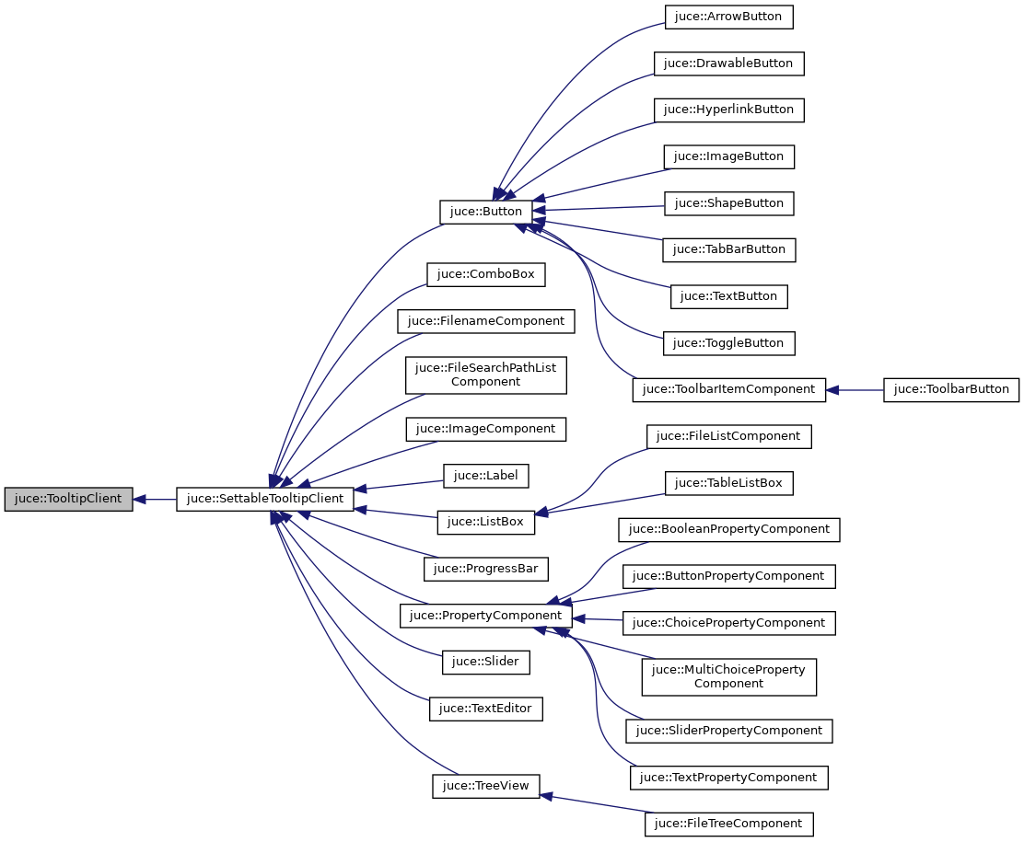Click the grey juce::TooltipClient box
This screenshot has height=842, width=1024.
point(69,500)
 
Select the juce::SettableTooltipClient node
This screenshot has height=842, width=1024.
point(265,500)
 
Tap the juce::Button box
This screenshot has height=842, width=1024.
point(485,212)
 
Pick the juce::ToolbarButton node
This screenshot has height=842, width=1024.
point(952,389)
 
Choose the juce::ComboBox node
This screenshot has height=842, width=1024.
point(486,274)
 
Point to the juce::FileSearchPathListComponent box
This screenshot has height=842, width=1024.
point(485,375)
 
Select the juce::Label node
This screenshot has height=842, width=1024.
point(485,476)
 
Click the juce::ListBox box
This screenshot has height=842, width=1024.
point(485,522)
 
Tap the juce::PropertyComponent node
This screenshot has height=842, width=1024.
point(485,616)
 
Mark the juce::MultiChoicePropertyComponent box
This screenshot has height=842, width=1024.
point(728,676)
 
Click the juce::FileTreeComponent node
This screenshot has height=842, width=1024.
point(729,824)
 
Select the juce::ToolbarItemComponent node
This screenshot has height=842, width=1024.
point(728,389)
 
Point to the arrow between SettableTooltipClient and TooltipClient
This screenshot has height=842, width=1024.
point(155,500)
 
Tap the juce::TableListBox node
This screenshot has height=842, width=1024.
point(729,483)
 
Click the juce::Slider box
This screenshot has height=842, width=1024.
point(485,662)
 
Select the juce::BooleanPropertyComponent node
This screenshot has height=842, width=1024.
point(729,529)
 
